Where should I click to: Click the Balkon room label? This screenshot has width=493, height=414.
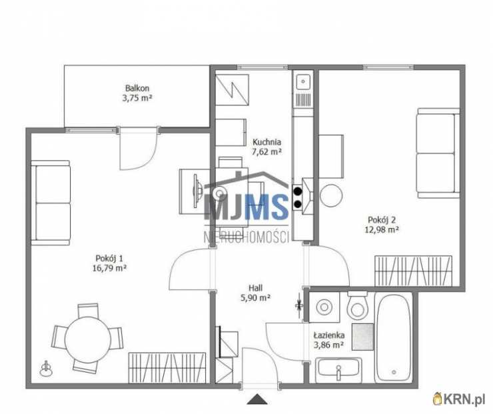(x=137, y=88)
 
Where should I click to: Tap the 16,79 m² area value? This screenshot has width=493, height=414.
(x=109, y=269)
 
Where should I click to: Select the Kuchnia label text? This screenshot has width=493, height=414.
(x=266, y=142)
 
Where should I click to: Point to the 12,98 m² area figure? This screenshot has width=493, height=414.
(x=382, y=229)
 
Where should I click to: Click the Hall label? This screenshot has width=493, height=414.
(x=256, y=287)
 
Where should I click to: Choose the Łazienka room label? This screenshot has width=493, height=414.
(x=329, y=335)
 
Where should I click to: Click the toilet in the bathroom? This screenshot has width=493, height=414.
(x=357, y=305)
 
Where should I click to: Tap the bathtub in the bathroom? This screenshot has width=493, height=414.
(x=393, y=337)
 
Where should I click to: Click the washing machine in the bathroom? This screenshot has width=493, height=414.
(x=324, y=307)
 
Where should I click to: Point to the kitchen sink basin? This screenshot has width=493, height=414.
(x=302, y=81)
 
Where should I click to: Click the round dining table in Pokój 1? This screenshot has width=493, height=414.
(x=88, y=338)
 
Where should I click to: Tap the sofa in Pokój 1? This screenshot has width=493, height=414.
(x=51, y=203)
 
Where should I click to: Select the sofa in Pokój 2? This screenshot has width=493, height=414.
(x=438, y=153)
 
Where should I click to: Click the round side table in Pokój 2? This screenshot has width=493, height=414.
(x=331, y=195)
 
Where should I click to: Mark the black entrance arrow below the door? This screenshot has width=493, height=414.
(x=257, y=399)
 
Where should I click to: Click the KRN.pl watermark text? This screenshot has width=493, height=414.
(x=463, y=399)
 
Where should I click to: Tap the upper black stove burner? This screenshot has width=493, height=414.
(x=297, y=191)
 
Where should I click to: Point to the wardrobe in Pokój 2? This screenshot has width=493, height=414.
(x=414, y=271)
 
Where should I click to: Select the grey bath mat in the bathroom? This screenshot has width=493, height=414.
(x=362, y=337)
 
